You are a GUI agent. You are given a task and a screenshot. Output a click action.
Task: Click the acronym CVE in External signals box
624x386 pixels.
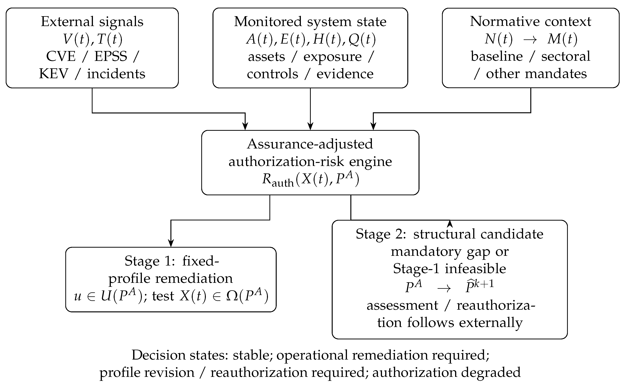(61, 56)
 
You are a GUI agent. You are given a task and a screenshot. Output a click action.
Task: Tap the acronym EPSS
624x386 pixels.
(111, 56)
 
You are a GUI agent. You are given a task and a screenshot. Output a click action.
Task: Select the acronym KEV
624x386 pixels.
(54, 74)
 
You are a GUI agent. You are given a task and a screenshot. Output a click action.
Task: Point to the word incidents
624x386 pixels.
(116, 74)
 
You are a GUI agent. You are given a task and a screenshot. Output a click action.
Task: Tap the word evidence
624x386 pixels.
(345, 74)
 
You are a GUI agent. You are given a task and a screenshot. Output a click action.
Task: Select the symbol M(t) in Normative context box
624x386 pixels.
(562, 39)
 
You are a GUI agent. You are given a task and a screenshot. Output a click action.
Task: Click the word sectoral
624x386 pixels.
(566, 56)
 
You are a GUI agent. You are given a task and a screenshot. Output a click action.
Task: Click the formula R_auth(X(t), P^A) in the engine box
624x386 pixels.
(310, 179)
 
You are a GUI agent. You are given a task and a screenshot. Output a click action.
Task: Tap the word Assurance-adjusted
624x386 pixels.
(310, 144)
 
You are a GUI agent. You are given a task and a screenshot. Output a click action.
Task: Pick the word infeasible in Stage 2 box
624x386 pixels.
(475, 269)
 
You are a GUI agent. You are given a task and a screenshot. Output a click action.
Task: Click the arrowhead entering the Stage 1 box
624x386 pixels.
(171, 243)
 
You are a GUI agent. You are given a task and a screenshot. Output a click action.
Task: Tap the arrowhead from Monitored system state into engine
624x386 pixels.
(310, 126)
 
